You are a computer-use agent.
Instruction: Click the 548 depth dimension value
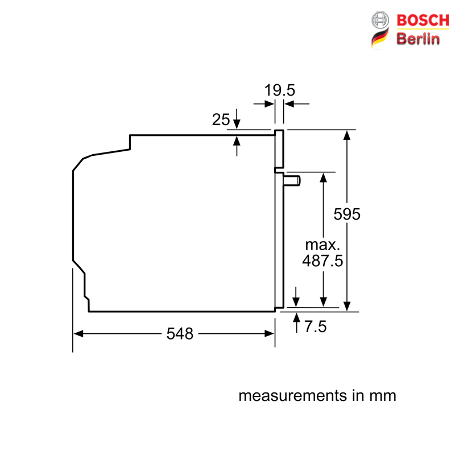(180, 333)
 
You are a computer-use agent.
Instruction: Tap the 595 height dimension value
(347, 214)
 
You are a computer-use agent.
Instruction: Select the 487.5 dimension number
(322, 260)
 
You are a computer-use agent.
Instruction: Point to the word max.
(322, 245)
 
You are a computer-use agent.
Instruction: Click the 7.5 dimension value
(316, 326)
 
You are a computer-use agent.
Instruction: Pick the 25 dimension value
(221, 119)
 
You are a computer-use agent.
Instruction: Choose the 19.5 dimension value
(279, 90)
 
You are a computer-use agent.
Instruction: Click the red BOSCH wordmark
(423, 20)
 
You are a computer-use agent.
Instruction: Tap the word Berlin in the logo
(418, 39)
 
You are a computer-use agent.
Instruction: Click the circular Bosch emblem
(380, 20)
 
